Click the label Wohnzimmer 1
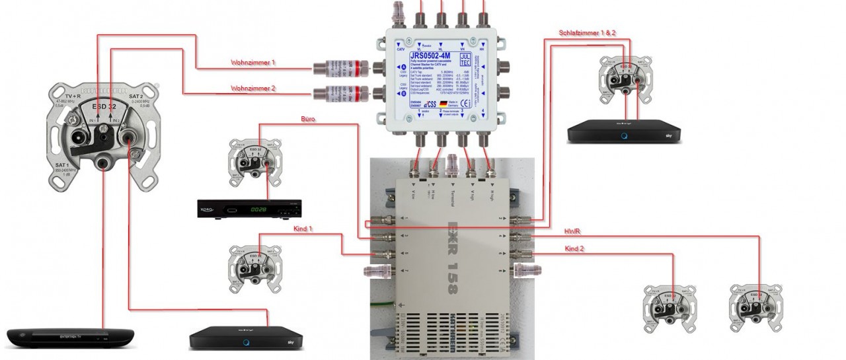(252, 63)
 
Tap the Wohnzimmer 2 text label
(252, 88)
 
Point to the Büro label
(308, 120)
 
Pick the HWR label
(572, 232)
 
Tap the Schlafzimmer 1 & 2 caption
(587, 32)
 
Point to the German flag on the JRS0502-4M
(443, 104)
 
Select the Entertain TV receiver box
(69, 337)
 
